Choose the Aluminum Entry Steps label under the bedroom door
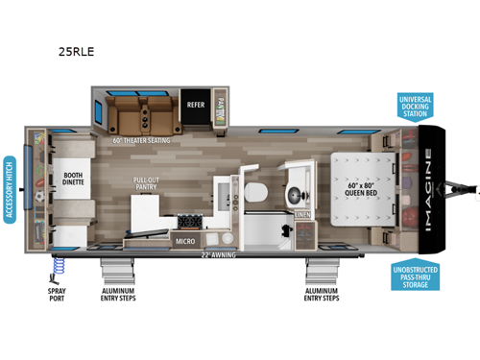[322, 294]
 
